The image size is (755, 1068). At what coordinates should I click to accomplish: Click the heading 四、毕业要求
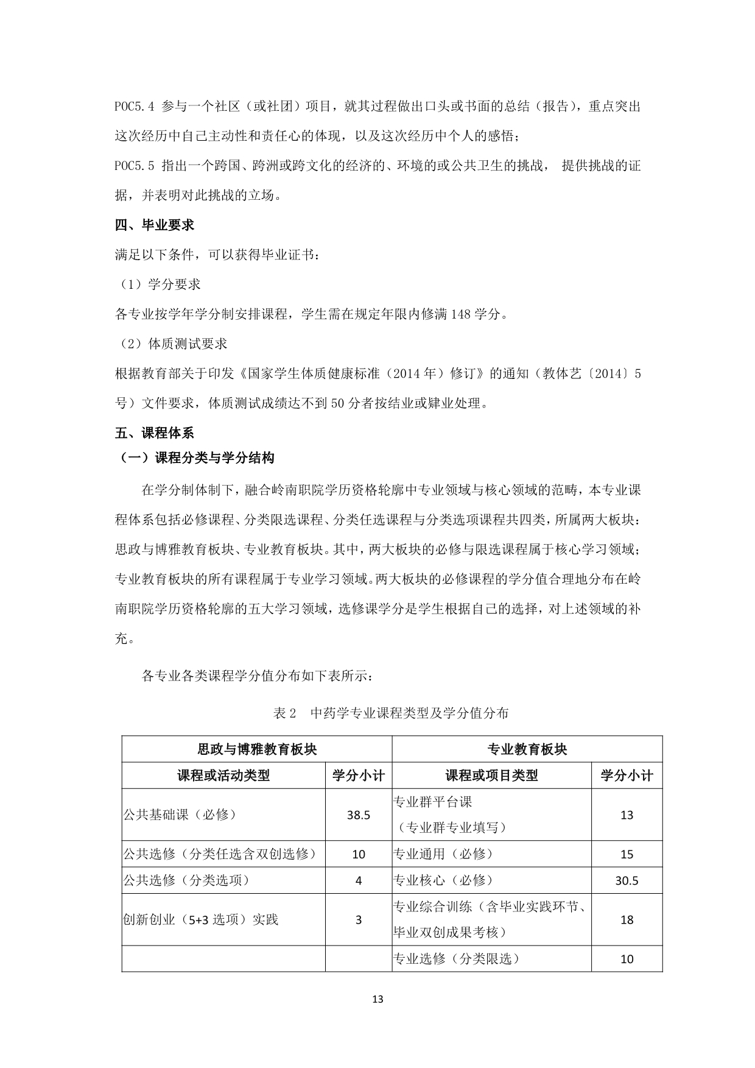point(155,225)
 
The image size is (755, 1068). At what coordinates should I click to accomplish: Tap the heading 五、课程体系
point(155,433)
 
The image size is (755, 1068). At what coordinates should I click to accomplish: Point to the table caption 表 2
point(284,713)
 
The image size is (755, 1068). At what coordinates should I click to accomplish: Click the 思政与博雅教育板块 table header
point(257,749)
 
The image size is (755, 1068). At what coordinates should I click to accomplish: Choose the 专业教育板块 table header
point(527,749)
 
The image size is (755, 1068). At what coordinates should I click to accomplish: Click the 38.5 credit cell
point(359,815)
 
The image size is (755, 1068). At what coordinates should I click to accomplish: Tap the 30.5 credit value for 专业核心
point(627,880)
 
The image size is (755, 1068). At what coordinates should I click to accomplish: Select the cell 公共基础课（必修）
point(180,815)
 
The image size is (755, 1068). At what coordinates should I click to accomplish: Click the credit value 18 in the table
point(627,919)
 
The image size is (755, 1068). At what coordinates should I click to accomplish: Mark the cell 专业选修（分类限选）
point(457,958)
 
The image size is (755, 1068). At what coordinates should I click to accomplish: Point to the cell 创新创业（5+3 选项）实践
point(201,919)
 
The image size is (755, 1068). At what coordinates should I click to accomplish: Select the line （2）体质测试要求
point(172,344)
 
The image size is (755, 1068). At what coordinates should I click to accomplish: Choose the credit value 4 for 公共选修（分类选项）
point(359,880)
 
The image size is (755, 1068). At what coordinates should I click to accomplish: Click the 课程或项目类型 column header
point(491,776)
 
